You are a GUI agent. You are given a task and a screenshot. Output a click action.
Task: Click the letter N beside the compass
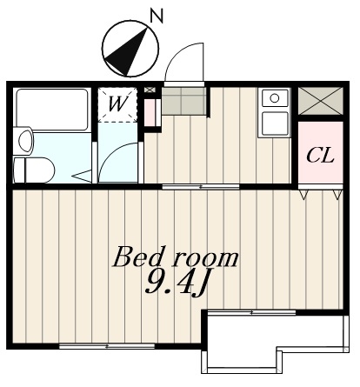point(157,16)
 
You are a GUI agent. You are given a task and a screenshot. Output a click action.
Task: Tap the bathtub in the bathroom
point(52,110)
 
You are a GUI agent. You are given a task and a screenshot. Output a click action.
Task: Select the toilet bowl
point(34,170)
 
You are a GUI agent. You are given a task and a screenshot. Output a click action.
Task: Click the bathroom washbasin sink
point(23,141)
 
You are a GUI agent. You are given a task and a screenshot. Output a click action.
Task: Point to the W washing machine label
point(118,103)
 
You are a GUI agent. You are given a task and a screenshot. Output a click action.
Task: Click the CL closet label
point(320,156)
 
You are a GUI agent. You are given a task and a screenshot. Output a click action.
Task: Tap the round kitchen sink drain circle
point(274,98)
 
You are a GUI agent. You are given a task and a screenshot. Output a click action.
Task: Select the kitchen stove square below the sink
point(275,123)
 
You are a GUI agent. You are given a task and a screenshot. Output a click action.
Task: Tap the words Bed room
point(176,257)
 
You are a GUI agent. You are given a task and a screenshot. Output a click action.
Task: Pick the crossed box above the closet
point(321,101)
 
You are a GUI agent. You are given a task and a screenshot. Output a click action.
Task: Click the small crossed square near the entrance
point(150,90)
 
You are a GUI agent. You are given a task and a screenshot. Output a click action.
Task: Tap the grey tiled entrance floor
point(183,101)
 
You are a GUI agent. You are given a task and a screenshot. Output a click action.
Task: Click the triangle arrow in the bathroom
point(82,177)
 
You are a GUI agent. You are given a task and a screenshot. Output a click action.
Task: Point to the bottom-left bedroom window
point(107,346)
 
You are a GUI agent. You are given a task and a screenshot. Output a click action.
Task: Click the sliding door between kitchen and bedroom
point(201,187)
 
